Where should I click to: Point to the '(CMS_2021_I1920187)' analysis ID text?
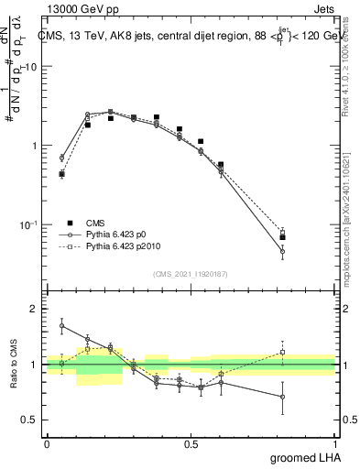(191, 273)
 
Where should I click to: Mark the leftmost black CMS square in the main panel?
(61, 174)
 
